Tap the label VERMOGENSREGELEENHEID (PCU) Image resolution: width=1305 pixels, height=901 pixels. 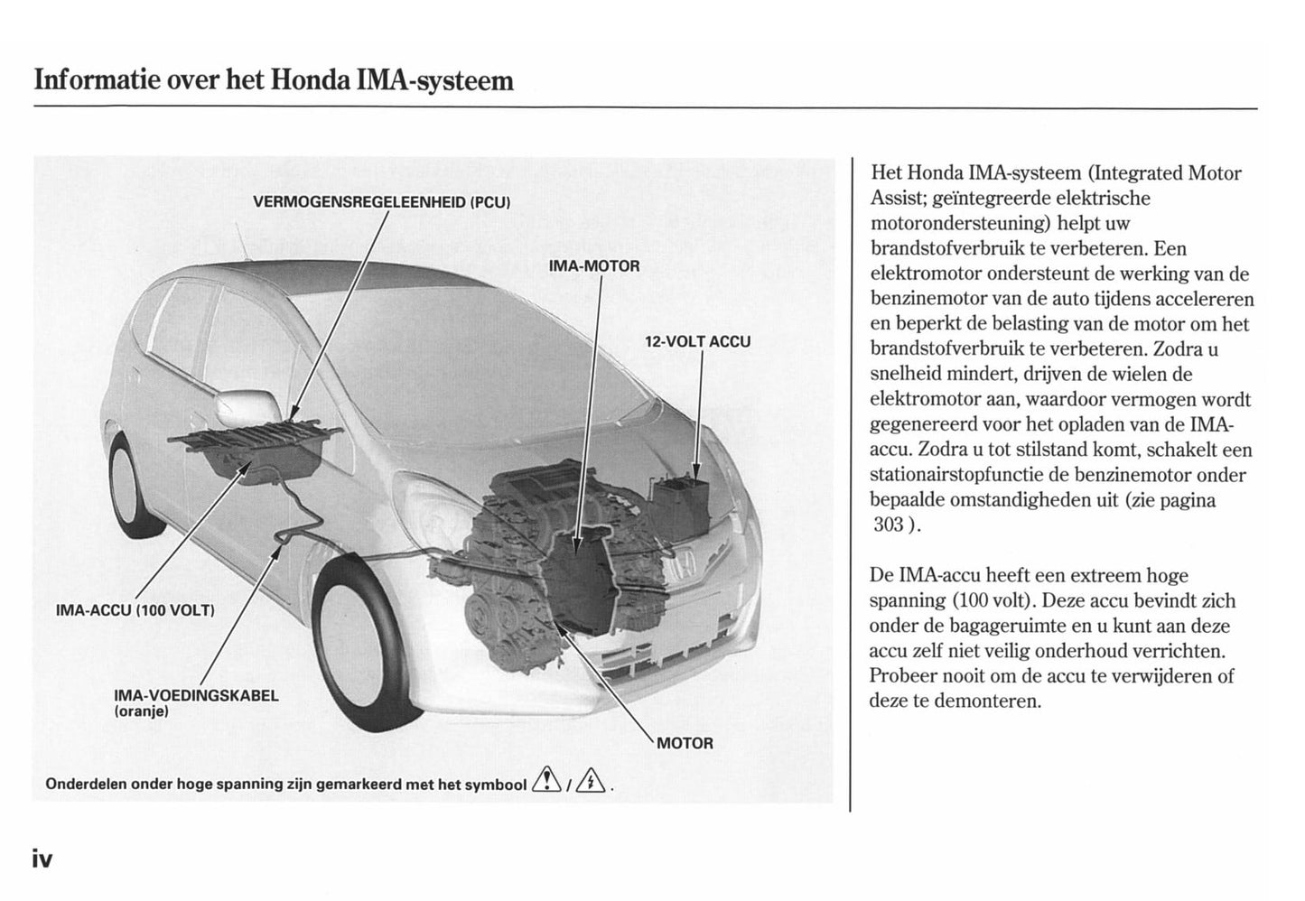382,201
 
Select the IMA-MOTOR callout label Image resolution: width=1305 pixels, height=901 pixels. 594,266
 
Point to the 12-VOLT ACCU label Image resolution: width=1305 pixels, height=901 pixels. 697,342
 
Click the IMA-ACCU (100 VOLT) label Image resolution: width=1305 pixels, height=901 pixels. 135,609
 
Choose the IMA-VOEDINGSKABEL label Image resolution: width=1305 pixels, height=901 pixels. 197,695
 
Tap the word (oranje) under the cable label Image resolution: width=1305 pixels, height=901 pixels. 142,712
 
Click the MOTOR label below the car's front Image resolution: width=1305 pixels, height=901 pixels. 685,743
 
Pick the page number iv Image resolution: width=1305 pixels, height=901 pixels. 43,859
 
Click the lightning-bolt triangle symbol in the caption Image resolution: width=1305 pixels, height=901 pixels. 592,779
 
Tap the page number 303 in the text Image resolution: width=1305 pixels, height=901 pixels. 889,525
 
